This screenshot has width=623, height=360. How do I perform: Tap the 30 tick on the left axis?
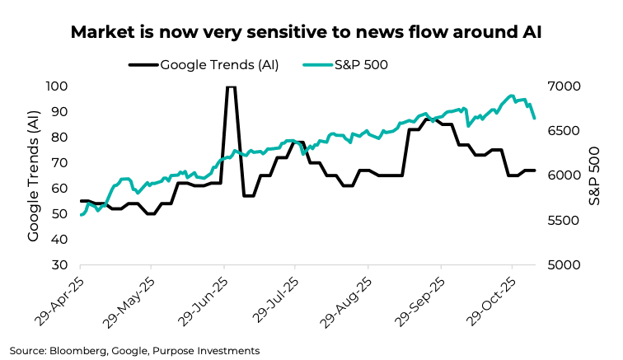point(61,265)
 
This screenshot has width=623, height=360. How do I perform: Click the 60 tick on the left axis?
point(61,189)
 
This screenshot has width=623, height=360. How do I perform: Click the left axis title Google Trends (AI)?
point(33,175)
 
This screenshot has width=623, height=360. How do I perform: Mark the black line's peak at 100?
point(231,86)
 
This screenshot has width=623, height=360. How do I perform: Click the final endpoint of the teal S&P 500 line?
point(535,119)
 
